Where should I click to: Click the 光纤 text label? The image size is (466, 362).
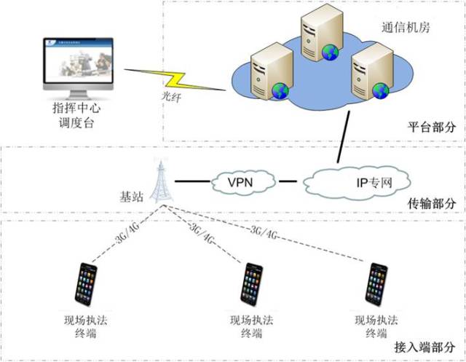[x=170, y=96]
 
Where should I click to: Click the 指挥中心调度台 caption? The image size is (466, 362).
[x=74, y=116]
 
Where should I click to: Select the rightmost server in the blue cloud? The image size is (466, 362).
[x=368, y=69]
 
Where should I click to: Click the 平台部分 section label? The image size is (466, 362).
[x=432, y=127]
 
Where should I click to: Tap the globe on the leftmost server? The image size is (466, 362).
[x=280, y=90]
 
